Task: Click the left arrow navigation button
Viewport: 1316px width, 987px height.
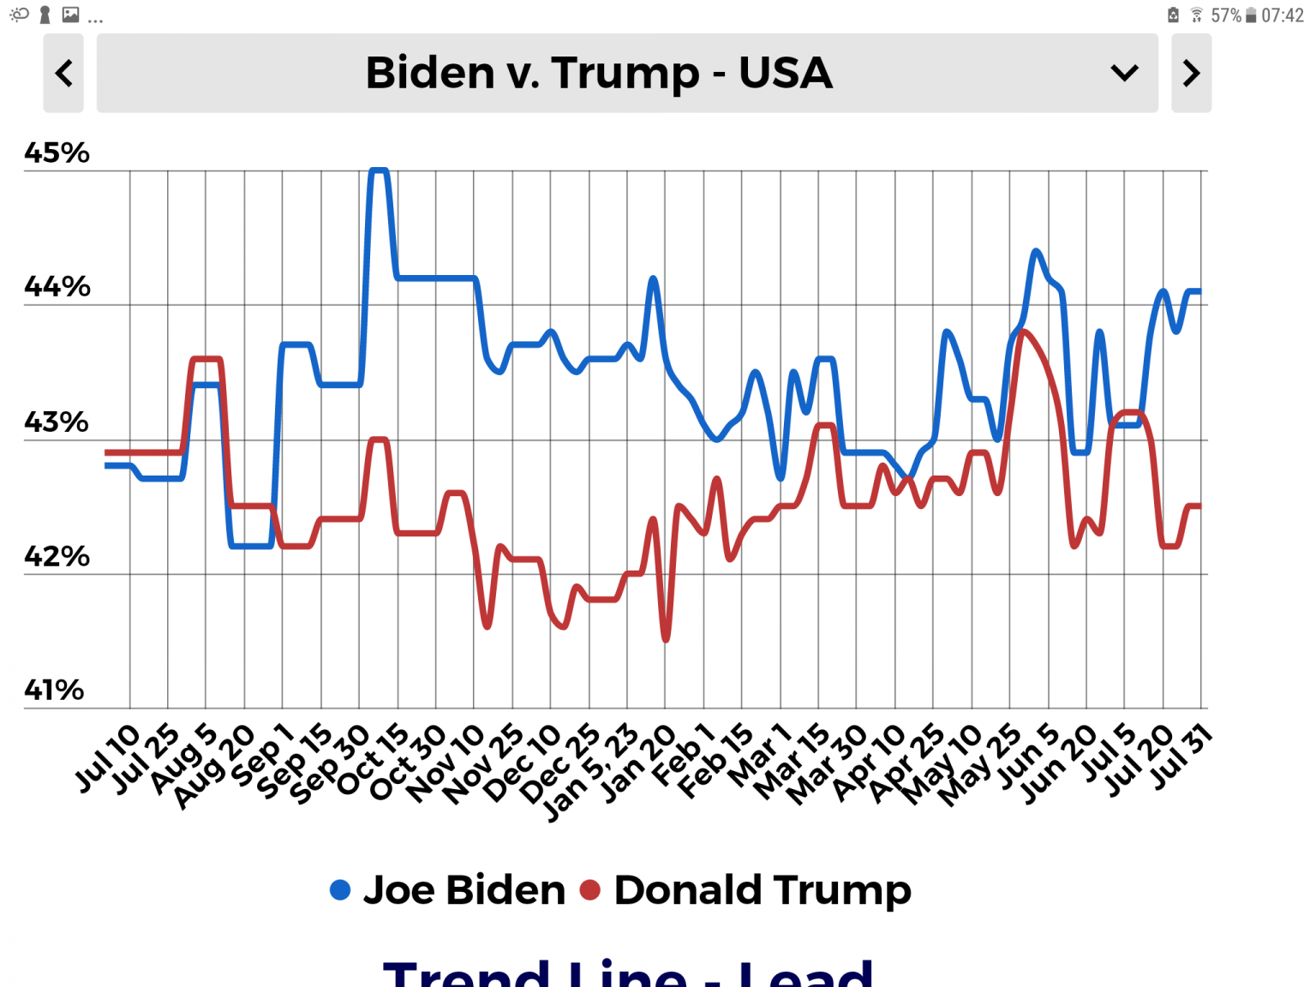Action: pyautogui.click(x=63, y=73)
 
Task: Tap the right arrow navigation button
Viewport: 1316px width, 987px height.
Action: pyautogui.click(x=1191, y=73)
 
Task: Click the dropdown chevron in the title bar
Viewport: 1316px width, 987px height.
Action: pyautogui.click(x=1124, y=73)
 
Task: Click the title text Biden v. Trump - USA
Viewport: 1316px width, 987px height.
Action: pyautogui.click(x=599, y=73)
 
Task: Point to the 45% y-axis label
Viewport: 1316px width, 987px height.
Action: pyautogui.click(x=57, y=153)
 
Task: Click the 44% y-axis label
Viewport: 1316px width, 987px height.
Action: pyautogui.click(x=57, y=286)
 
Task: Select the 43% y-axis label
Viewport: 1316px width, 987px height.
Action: pyautogui.click(x=57, y=422)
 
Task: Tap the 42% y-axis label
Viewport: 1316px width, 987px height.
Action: pyautogui.click(x=57, y=556)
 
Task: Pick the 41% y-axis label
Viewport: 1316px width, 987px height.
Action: pyautogui.click(x=54, y=690)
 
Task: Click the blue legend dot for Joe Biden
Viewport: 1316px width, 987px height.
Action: pyautogui.click(x=340, y=890)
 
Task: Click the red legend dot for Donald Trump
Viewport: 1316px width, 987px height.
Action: pyautogui.click(x=590, y=890)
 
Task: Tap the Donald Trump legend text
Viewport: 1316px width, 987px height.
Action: pyautogui.click(x=763, y=890)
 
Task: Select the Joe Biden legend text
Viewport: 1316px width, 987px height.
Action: pyautogui.click(x=464, y=890)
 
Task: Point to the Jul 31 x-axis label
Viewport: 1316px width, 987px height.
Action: pyautogui.click(x=1181, y=756)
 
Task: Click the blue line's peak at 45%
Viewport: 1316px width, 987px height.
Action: pyautogui.click(x=379, y=170)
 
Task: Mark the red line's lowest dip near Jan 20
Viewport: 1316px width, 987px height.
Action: pyautogui.click(x=666, y=638)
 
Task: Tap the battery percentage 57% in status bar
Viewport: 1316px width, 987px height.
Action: pyautogui.click(x=1225, y=15)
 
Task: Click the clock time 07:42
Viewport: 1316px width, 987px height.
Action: pyautogui.click(x=1283, y=15)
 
